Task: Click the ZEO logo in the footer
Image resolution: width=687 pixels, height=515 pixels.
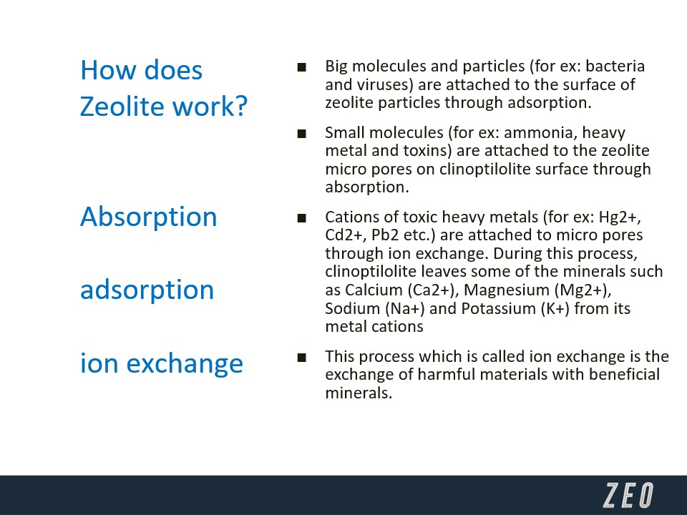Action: click(628, 495)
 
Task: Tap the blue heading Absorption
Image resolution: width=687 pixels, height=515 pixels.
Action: click(149, 217)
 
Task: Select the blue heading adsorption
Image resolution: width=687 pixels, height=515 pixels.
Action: click(147, 290)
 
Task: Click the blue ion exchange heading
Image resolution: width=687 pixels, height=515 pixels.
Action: click(161, 364)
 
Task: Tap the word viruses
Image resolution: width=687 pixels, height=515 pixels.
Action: click(386, 85)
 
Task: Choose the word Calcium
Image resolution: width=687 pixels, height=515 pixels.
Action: click(374, 290)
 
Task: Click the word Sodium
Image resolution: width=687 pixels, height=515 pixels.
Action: click(352, 309)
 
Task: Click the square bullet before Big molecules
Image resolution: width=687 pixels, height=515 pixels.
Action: click(301, 67)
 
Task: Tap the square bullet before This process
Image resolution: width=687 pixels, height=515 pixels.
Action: click(301, 358)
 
